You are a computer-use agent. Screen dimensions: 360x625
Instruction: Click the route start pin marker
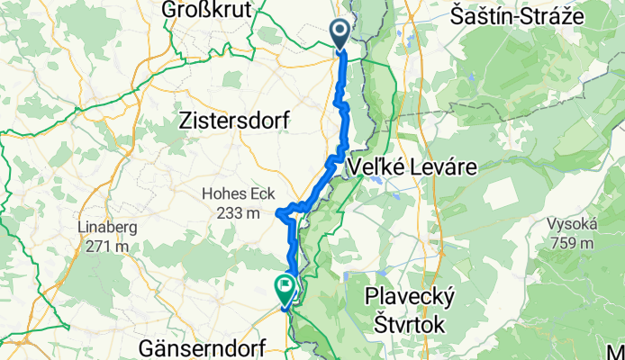(341, 34)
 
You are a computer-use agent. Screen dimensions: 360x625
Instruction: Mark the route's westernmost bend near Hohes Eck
(279, 214)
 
